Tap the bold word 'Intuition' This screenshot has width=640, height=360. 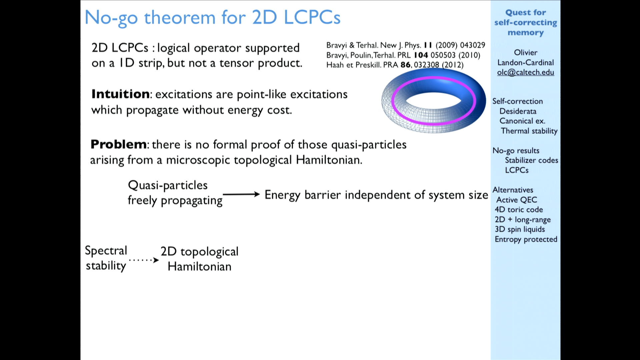click(x=120, y=94)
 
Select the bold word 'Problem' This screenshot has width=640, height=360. click(x=118, y=144)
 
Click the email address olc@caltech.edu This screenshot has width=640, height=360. click(x=525, y=72)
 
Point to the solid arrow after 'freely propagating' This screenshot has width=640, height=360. click(x=241, y=194)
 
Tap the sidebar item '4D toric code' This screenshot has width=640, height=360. click(x=519, y=209)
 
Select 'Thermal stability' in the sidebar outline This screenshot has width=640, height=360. click(x=529, y=131)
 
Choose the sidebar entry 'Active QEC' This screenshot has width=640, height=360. click(x=517, y=200)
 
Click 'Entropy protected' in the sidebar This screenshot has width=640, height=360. click(x=526, y=239)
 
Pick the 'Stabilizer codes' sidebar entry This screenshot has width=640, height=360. click(x=531, y=160)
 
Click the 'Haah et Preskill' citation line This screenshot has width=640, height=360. click(x=395, y=65)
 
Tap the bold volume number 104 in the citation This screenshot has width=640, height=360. click(x=421, y=55)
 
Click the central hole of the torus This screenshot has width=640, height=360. click(x=433, y=101)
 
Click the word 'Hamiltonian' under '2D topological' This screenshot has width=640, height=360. click(x=199, y=266)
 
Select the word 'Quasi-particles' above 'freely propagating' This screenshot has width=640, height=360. click(x=168, y=185)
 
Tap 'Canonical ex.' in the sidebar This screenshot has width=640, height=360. click(x=522, y=121)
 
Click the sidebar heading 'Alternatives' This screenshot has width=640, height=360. click(x=513, y=190)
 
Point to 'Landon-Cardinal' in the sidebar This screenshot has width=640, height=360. click(x=526, y=62)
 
